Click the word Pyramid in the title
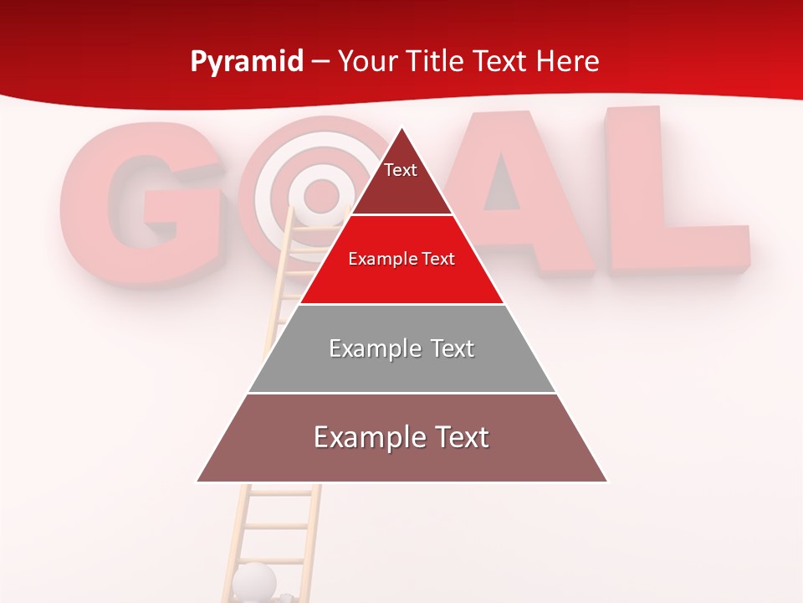(x=246, y=62)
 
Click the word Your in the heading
(x=368, y=61)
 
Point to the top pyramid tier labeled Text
(x=401, y=179)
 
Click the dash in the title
(x=320, y=62)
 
